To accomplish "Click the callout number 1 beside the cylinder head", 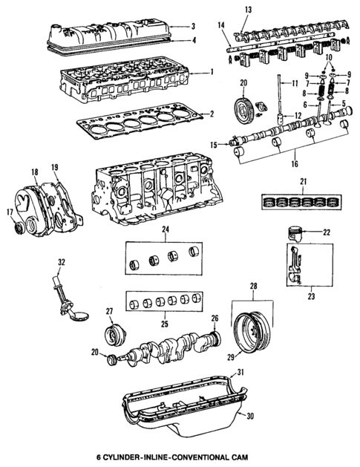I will tap(212, 72).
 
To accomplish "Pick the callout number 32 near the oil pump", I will tap(62, 262).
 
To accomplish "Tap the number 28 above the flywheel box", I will tap(254, 286).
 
